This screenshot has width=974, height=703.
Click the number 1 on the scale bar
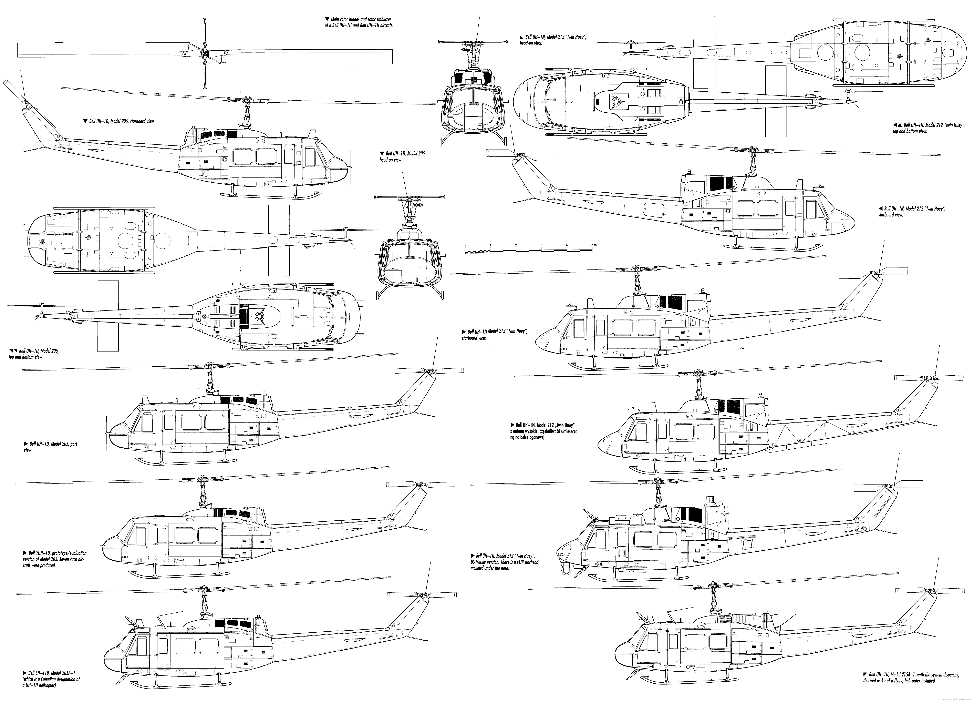pos(490,245)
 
